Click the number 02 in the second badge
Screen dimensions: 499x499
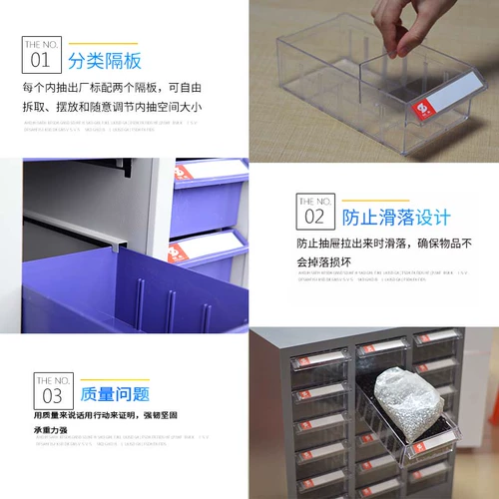click(x=314, y=216)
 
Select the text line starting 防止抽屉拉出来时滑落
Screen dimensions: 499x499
click(x=383, y=244)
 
